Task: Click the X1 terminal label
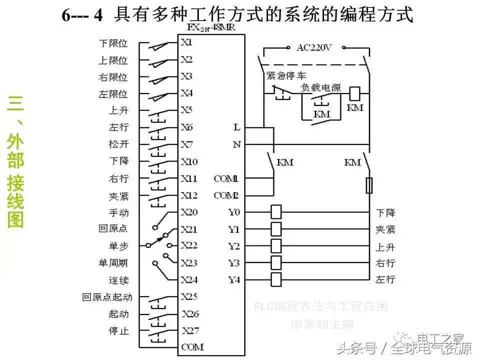[186, 43]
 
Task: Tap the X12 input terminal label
[189, 195]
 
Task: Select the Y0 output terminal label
[234, 212]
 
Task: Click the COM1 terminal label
[226, 178]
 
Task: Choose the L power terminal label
[236, 127]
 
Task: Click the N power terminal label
[236, 145]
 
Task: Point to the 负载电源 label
[320, 87]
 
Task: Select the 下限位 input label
[112, 43]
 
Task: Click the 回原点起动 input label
[107, 297]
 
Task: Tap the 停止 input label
[118, 330]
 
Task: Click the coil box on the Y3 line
[276, 262]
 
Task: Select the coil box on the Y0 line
[276, 212]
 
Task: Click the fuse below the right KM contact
[369, 186]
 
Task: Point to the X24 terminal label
[189, 280]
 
